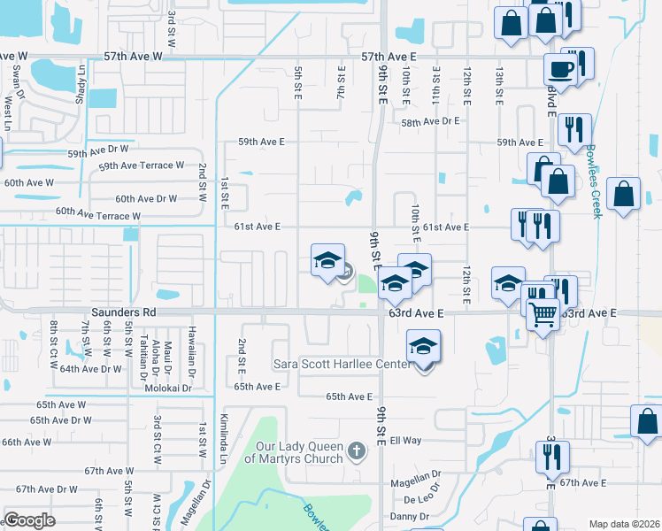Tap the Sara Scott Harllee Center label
[x=342, y=365]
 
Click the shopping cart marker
[x=543, y=312]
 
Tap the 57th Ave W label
[x=133, y=56]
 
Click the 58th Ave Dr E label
[x=431, y=123]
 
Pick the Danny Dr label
[x=410, y=516]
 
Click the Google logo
[x=29, y=520]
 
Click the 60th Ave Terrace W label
[x=98, y=214]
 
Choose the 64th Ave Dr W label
[x=90, y=369]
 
